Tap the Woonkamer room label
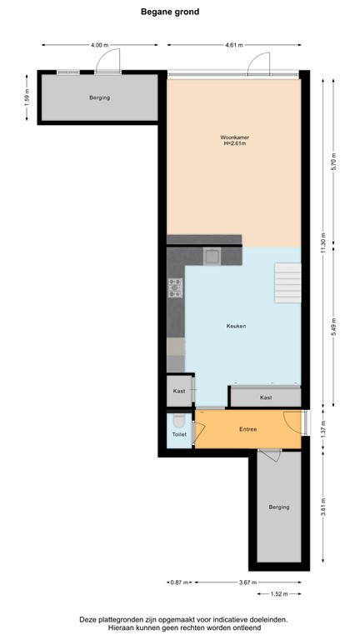coord(234,137)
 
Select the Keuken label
coord(234,326)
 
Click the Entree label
coord(247,429)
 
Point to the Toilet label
coord(179,435)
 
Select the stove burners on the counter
coord(176,288)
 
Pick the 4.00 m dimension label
coord(100,44)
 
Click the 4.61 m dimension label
coord(234,44)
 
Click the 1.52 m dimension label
coord(280,593)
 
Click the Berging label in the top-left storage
coord(99,98)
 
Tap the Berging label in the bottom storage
coord(278,507)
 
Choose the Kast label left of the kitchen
coord(178,390)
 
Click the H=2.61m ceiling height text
coord(234,143)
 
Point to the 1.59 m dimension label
coord(27,97)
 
